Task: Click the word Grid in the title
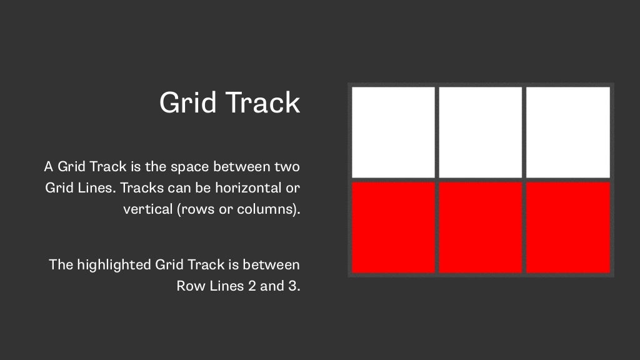[x=184, y=102]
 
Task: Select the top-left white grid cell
[x=393, y=132]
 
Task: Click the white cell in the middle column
[x=480, y=132]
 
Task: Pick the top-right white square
[x=567, y=132]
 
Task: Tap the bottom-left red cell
[x=393, y=227]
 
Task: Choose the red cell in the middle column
[x=480, y=227]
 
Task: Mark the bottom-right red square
[x=567, y=227]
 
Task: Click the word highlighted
[x=114, y=264]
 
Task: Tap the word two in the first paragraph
[x=287, y=167]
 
